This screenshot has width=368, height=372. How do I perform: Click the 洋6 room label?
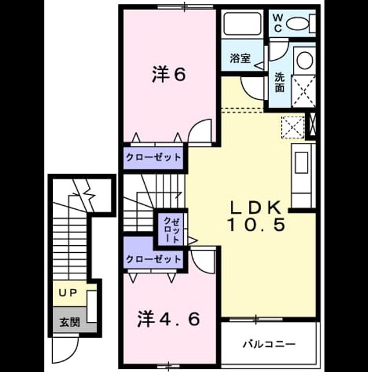click(x=169, y=74)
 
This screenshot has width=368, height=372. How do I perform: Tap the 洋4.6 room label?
click(x=169, y=319)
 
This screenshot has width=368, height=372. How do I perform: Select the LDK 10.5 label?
click(x=256, y=216)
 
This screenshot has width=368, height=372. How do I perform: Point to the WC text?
click(x=278, y=23)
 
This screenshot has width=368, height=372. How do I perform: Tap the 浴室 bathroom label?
click(x=240, y=58)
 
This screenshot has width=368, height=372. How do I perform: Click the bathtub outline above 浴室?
click(x=242, y=24)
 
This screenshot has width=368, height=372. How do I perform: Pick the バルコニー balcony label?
click(x=269, y=344)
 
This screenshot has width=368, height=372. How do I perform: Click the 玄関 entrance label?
click(x=69, y=323)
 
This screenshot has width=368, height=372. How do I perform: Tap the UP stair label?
click(x=67, y=294)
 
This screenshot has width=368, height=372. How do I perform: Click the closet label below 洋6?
click(x=153, y=158)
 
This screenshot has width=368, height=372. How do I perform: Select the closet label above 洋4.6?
click(x=153, y=259)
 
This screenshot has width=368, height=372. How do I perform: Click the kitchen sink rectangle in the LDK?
click(x=302, y=163)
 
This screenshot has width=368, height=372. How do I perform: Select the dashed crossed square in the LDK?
click(x=292, y=127)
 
